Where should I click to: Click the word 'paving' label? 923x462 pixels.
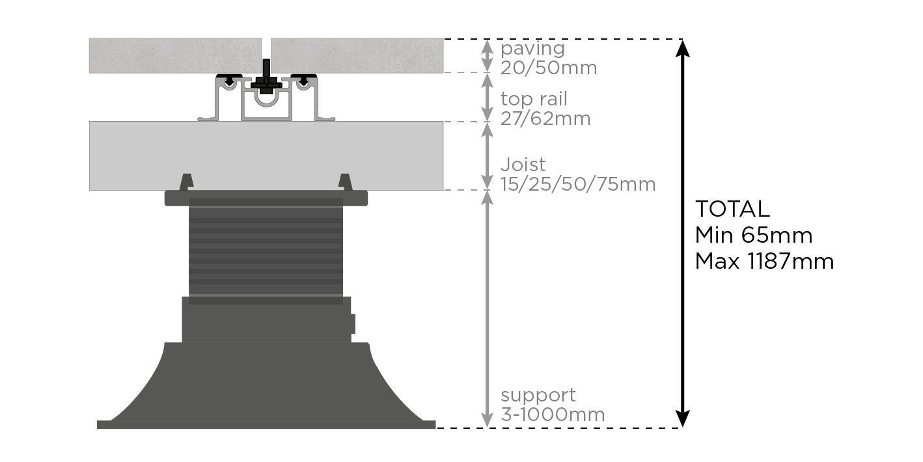pos(532,49)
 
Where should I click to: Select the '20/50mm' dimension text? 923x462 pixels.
pos(549,68)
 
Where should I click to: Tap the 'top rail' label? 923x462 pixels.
pos(534,100)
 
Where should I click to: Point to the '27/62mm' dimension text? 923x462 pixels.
pos(545,118)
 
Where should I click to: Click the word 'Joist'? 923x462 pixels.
pos(523,165)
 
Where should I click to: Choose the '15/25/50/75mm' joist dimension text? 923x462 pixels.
pos(578,184)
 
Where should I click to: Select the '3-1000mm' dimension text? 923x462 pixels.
pos(553,414)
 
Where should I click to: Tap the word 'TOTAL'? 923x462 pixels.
pos(732,209)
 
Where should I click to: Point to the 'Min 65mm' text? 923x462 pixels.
pos(754,235)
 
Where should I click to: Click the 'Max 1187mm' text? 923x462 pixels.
pos(764,261)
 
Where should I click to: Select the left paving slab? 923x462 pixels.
pos(175,55)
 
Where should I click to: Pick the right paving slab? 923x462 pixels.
pos(357,55)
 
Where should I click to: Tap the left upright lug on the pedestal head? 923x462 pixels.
pos(187,182)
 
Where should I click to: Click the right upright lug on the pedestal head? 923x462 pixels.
pos(345,182)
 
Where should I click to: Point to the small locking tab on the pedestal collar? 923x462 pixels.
pos(353,323)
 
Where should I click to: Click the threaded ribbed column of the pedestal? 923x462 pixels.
pos(266,251)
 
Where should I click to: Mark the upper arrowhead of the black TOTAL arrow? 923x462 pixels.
pos(682,49)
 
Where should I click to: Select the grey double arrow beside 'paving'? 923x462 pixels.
pos(488,56)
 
